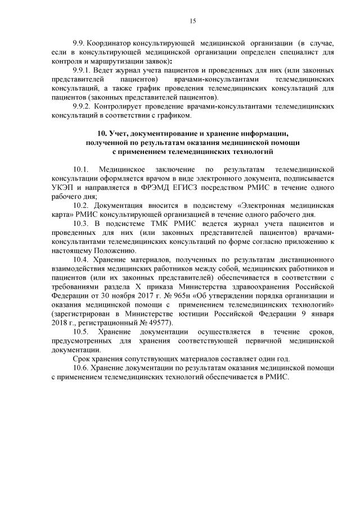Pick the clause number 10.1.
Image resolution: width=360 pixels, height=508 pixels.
click(x=82, y=169)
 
